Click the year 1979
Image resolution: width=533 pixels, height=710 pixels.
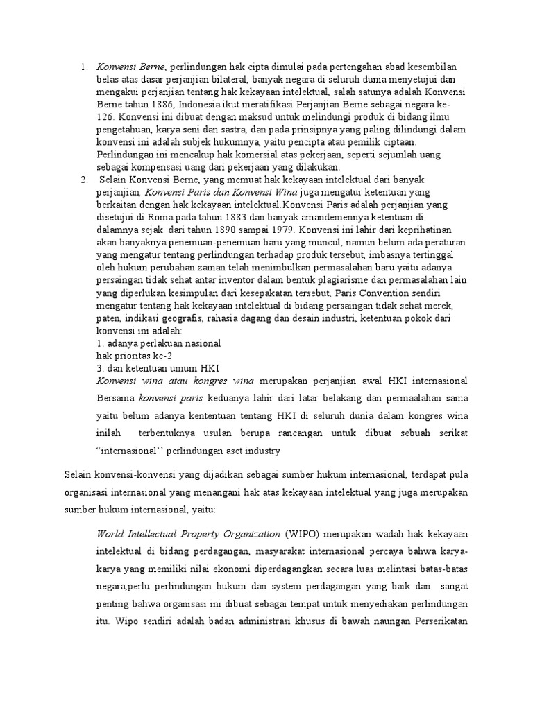click(265, 230)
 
